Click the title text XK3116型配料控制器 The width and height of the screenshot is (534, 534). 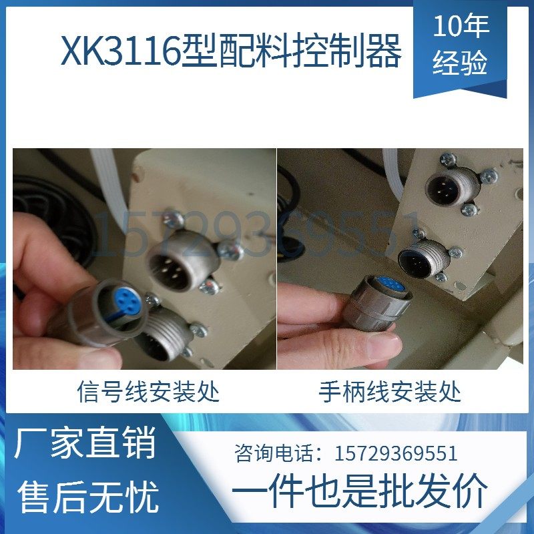pyautogui.click(x=231, y=51)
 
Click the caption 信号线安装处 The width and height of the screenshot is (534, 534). pyautogui.click(x=148, y=390)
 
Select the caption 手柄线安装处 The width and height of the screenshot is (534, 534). pyautogui.click(x=390, y=390)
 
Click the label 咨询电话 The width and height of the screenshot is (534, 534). pyautogui.click(x=274, y=454)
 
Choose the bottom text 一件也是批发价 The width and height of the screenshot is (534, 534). pyautogui.click(x=360, y=493)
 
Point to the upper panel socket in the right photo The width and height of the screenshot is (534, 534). pyautogui.click(x=447, y=186)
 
